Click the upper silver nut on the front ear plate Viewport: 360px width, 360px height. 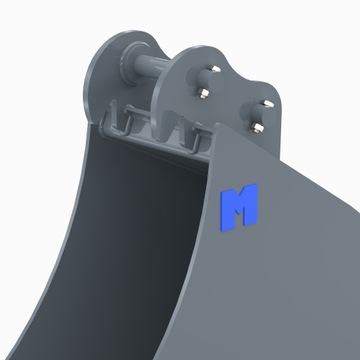(203, 94)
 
